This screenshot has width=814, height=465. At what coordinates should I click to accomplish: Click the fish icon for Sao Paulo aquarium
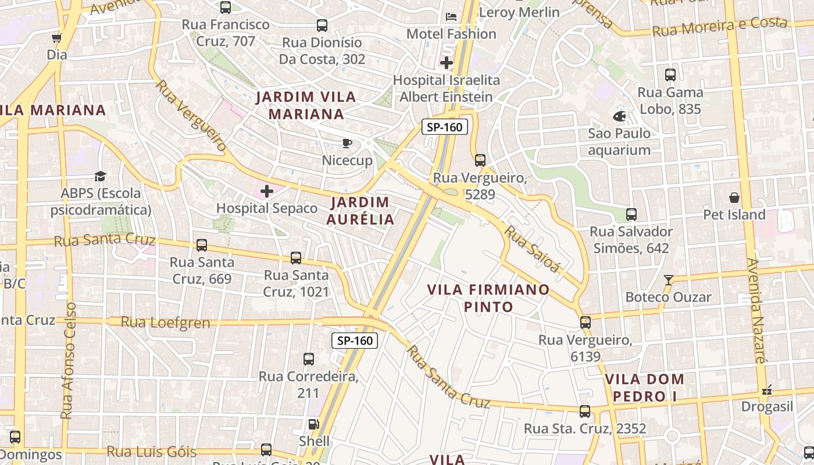coord(619,116)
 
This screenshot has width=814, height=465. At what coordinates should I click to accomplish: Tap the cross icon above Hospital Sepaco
coord(267,191)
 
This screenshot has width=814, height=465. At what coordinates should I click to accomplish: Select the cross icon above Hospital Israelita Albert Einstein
coord(447,63)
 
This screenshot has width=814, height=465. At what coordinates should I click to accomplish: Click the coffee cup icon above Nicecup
coord(347,143)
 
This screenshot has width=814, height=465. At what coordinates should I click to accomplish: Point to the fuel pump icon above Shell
coord(314,424)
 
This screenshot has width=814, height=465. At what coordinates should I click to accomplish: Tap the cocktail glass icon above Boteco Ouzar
coord(669,280)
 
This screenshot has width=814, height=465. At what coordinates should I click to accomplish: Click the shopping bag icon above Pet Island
coord(734,198)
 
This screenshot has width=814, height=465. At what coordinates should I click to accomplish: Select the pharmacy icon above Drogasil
coord(767,390)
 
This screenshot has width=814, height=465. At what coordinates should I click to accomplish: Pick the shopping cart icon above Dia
coord(56,38)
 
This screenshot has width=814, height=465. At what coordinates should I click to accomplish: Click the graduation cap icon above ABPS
coord(101,176)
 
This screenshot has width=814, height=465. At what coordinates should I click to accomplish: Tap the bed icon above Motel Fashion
coord(451,17)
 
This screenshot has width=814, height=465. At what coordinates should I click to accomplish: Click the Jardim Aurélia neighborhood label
coord(360,211)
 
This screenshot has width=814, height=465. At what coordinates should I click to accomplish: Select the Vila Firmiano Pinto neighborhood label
coord(488,298)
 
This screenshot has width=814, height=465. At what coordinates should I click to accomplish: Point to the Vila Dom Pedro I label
coord(645,388)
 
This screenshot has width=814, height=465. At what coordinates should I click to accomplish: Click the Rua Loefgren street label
coord(165,322)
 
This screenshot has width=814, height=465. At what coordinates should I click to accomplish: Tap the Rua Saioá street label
coord(531,248)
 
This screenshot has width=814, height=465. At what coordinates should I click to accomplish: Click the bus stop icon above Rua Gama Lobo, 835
coord(670,75)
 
